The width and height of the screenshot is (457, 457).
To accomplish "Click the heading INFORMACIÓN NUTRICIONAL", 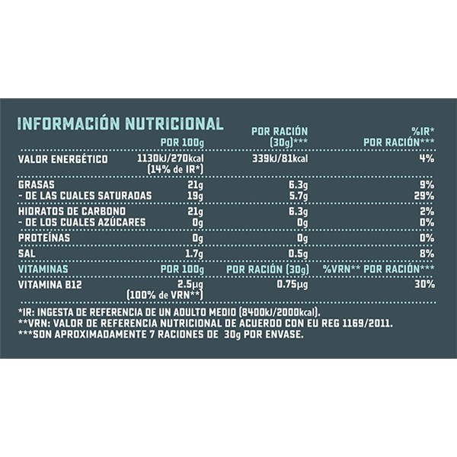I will pyautogui.click(x=120, y=123).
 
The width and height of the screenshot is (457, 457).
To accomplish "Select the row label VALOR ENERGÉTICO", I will pyautogui.click(x=65, y=159).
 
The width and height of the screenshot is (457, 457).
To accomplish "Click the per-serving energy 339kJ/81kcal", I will pyautogui.click(x=279, y=159).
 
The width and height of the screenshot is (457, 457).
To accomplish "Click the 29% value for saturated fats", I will pyautogui.click(x=425, y=197).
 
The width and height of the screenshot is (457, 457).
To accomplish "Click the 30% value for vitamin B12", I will pyautogui.click(x=425, y=284).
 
